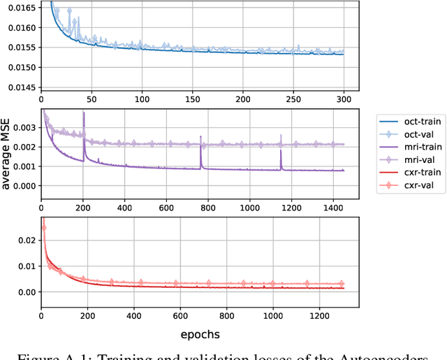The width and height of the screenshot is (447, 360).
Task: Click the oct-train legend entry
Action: [x=409, y=120]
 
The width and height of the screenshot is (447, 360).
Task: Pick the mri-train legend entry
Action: [x=409, y=147]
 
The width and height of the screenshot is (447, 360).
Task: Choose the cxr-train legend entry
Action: [x=409, y=173]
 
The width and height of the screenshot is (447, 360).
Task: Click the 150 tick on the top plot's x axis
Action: [x=193, y=99]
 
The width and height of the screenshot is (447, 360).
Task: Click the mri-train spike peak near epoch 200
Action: [x=84, y=113]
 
